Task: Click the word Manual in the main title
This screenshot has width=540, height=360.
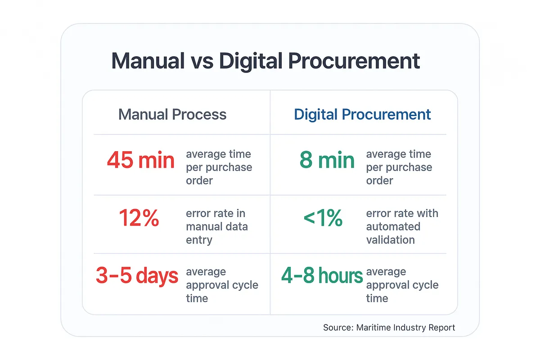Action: coord(148,61)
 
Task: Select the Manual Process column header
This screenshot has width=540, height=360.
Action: coord(172,114)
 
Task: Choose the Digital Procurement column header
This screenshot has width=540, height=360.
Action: coord(362,114)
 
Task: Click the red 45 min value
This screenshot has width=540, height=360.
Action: coord(141,161)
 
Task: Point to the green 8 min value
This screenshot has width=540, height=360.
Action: coord(327,161)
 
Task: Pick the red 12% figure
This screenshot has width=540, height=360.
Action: coord(139,219)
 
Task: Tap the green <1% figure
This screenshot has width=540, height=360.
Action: coord(323,219)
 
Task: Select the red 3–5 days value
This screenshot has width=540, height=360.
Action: coord(137,276)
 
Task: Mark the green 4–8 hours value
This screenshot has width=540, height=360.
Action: coord(322,276)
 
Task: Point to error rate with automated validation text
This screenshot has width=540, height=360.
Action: coord(402,226)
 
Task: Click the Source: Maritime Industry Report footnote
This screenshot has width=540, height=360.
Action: coord(389,328)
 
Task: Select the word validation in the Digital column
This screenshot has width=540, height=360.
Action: coord(390,240)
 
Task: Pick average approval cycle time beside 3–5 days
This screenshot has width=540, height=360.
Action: coord(222,285)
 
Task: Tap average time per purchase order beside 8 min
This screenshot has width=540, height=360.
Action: coord(399,167)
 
